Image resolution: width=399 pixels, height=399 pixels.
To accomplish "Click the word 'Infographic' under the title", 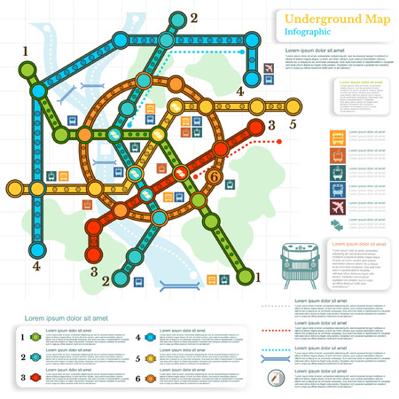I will [309, 32].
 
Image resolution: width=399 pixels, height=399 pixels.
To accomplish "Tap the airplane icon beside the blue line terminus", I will [269, 68].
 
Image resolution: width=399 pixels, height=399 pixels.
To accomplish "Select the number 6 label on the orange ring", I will [211, 176].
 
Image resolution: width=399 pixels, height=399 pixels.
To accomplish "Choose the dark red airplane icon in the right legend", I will [338, 207].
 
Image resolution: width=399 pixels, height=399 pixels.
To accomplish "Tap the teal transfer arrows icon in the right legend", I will [338, 226].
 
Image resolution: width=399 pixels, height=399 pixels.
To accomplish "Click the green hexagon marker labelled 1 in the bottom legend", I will [34, 339].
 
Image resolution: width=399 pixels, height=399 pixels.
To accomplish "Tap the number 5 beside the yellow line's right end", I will [292, 124].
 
